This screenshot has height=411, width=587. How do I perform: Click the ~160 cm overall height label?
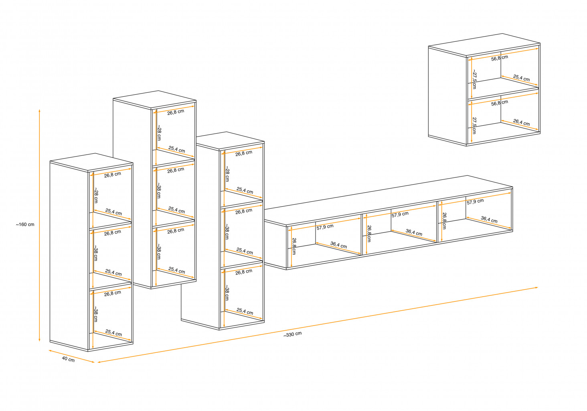(x=25, y=224)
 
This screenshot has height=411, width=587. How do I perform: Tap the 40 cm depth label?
(x=68, y=359)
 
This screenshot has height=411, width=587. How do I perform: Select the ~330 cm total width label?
(x=293, y=334)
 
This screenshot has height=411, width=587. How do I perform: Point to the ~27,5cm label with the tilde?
(x=474, y=79)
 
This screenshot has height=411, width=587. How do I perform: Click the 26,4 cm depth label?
(x=521, y=122)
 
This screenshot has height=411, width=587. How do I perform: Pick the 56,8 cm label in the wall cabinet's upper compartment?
(x=500, y=58)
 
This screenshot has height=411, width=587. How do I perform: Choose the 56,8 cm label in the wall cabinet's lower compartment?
(x=500, y=103)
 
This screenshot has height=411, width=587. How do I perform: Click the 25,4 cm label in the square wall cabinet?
(x=521, y=78)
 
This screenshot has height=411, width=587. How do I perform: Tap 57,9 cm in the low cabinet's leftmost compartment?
(x=325, y=227)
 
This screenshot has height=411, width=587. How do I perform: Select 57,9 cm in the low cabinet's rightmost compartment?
(x=475, y=201)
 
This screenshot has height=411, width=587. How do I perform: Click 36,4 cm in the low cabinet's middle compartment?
(x=414, y=232)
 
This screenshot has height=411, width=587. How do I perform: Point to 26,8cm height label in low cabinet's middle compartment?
(x=369, y=233)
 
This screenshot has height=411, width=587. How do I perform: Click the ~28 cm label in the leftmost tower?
(x=96, y=195)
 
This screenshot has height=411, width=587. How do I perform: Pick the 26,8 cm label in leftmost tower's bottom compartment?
(x=112, y=293)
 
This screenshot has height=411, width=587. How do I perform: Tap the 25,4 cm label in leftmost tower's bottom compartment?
(x=113, y=333)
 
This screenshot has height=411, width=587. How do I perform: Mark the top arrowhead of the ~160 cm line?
(x=39, y=110)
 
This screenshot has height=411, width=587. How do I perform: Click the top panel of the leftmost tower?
(x=91, y=162)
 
